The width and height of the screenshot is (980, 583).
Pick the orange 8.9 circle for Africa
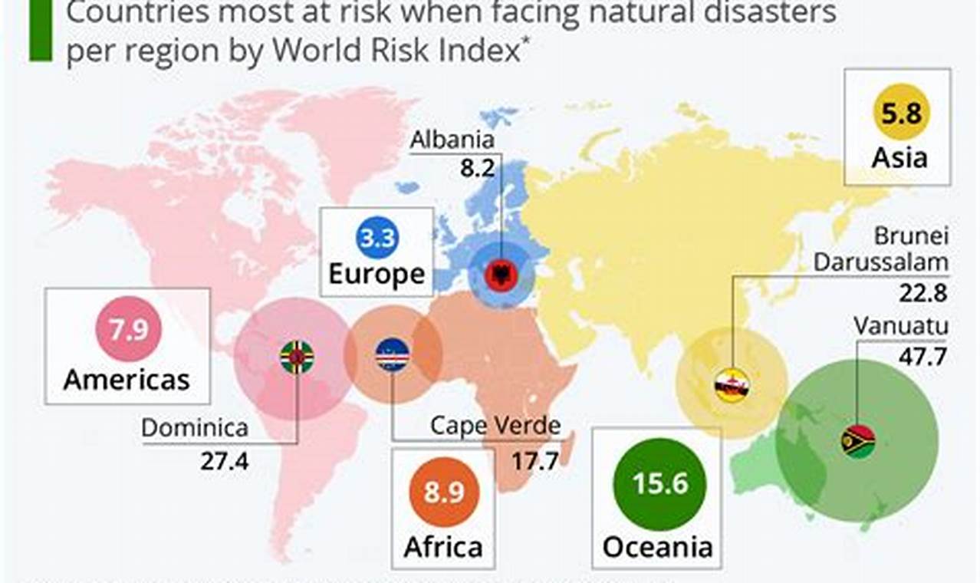pos(444,492)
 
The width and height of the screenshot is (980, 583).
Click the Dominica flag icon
pos(297,357)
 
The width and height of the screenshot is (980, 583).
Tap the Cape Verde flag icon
pos(393,354)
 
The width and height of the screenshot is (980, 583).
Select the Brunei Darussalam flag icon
pos(732,386)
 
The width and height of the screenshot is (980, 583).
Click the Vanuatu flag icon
pos(858,441)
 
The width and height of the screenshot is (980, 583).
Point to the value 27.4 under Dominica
pos(225,460)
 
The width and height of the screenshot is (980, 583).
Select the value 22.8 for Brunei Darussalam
pos(922,292)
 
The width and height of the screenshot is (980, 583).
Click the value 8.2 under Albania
pos(477,169)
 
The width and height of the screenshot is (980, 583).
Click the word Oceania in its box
pos(657,547)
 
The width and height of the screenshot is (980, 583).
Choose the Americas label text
pos(127,380)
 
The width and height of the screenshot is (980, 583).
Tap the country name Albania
pos(452,140)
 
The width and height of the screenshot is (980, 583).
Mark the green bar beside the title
pos(40,31)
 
